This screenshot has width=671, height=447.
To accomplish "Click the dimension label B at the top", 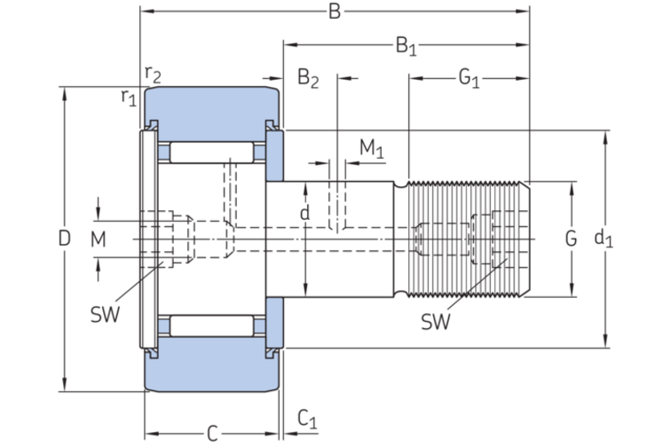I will coord(335,12).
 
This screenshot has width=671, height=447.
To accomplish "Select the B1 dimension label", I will coord(406,45).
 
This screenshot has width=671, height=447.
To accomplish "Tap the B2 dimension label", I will coord(308,79).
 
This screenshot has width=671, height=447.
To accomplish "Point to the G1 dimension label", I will coord(469,79).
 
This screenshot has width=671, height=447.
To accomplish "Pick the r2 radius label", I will coord(153,74).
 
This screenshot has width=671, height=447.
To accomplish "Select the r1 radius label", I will coord(129,97).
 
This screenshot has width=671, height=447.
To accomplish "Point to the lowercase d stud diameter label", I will coord(304,213).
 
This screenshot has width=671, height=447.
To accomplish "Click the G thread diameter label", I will coord(571,238).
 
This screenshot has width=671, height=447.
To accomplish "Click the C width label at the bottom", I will coord(212,433).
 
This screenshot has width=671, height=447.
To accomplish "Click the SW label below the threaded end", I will coord(436,322).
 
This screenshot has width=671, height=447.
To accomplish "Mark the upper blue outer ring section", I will coord(213,106).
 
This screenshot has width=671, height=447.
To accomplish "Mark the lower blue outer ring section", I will coord(213,368).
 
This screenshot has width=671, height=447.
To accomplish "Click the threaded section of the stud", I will coord(462,238).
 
